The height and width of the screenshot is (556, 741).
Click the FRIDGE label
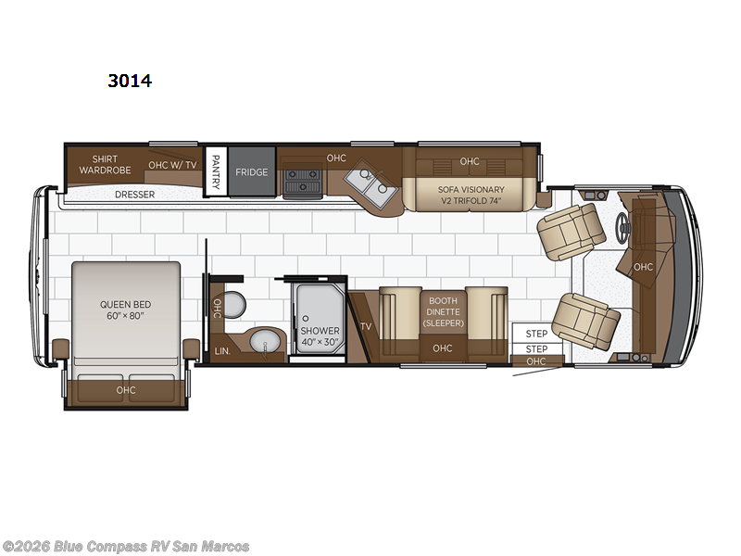click(251, 172)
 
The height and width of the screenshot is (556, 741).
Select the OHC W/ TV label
click(172, 166)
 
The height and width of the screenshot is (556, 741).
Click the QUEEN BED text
click(126, 310)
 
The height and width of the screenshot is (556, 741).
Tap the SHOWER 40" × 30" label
click(320, 336)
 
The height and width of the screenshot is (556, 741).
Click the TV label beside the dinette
click(366, 327)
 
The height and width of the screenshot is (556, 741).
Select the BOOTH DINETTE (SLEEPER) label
click(442, 311)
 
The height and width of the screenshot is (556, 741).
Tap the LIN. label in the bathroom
click(222, 351)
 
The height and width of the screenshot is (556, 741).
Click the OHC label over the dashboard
click(644, 267)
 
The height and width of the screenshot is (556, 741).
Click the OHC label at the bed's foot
click(126, 390)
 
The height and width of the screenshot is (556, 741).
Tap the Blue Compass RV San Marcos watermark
click(126, 546)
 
